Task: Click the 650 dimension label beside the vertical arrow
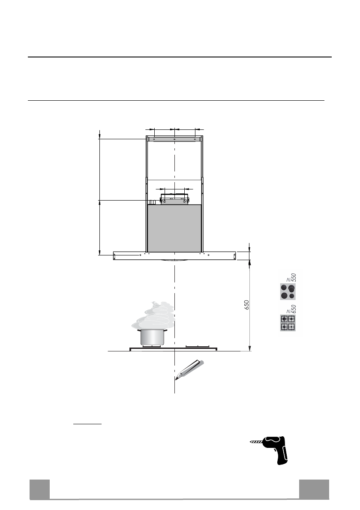[247, 305]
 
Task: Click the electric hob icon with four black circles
[288, 291]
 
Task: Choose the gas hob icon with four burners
[288, 323]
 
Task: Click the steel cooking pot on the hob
[152, 337]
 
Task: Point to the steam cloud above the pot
[153, 315]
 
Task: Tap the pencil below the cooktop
[189, 370]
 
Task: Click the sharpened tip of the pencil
[176, 379]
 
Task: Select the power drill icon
[270, 450]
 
